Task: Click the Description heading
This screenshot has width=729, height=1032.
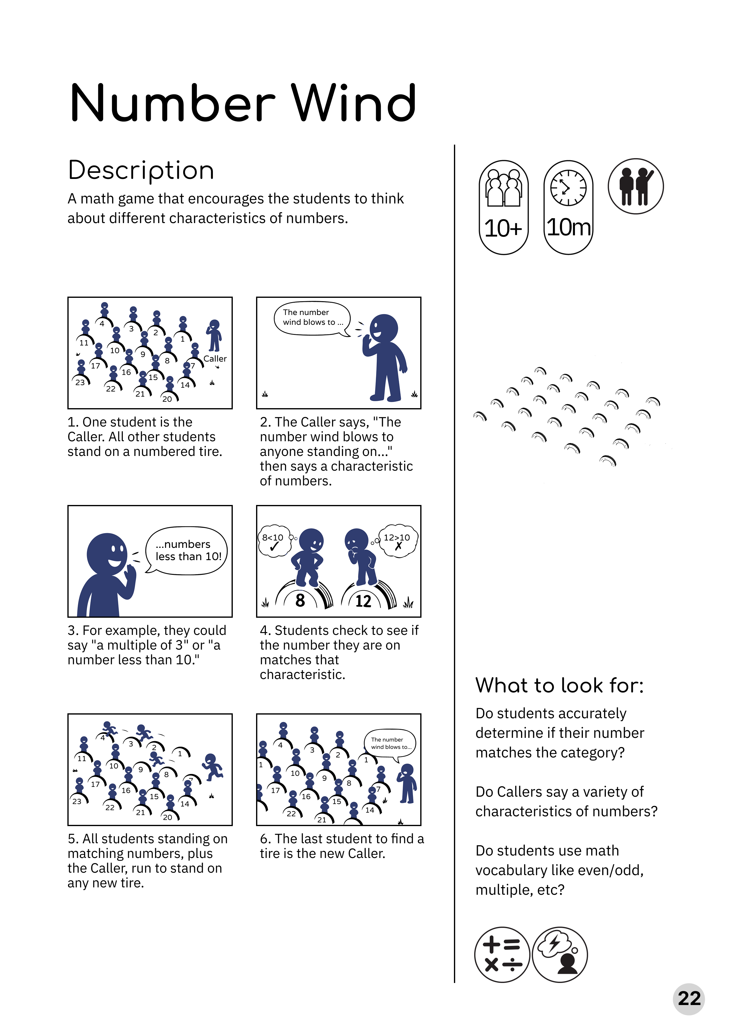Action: click(141, 171)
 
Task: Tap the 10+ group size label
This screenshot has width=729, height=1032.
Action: click(503, 228)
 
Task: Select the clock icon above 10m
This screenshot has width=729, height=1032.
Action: click(568, 188)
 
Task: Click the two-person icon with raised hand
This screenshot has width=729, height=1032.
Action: click(636, 186)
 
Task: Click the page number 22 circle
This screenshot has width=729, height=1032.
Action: click(689, 999)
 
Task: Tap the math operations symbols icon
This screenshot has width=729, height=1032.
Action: click(502, 954)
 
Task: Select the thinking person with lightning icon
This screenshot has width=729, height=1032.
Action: click(560, 954)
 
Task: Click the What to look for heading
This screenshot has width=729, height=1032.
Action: click(560, 686)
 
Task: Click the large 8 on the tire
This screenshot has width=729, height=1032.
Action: click(300, 601)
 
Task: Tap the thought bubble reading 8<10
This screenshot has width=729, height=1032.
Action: click(274, 541)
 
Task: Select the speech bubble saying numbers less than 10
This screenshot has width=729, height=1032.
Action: click(187, 551)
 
